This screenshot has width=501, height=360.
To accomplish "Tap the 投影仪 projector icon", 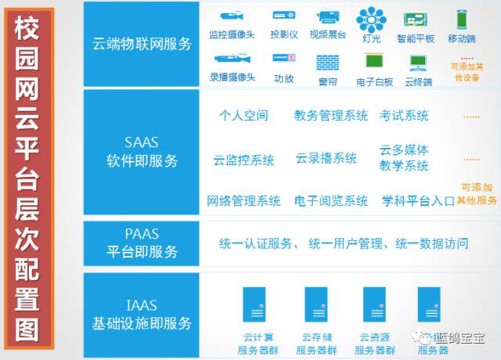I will tap(283, 16).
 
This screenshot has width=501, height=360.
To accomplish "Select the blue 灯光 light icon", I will tap(371, 17).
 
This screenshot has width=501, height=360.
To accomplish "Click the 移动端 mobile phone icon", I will tap(461, 18).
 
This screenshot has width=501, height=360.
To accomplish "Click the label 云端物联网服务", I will tap(142, 44).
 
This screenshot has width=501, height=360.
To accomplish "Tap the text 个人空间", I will tap(243, 115).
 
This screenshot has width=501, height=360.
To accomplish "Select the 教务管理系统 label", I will tap(331, 115).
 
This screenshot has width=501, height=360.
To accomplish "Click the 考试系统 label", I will tap(404, 115).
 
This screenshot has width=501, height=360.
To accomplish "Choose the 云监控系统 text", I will tap(243, 160).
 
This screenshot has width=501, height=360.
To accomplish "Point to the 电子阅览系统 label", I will tap(331, 201).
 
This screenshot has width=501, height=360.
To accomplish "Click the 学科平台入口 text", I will tap(418, 201).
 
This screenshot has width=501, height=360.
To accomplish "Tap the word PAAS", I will tap(142, 234).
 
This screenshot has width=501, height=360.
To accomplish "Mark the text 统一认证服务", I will tap(254, 244).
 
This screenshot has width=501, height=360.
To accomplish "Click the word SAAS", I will tap(142, 142).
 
